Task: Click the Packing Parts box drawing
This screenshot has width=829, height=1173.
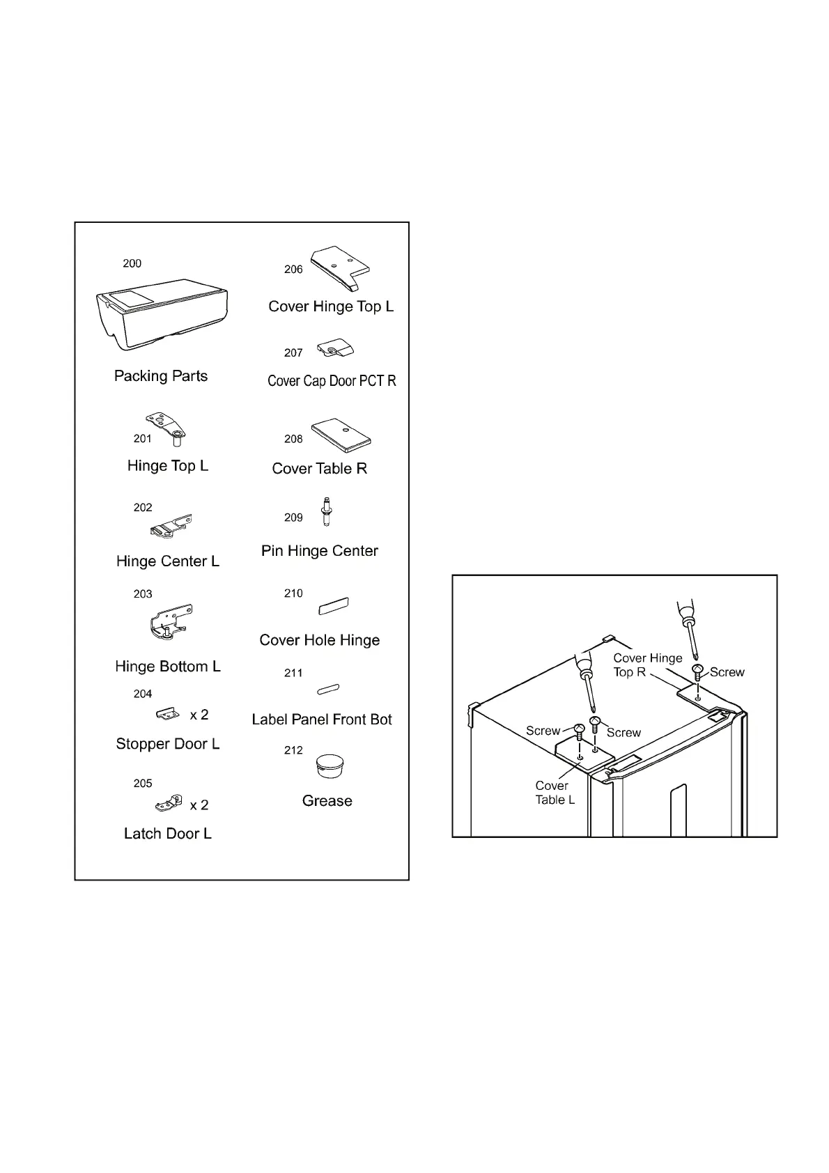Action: (162, 315)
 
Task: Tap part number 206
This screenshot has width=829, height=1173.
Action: (293, 270)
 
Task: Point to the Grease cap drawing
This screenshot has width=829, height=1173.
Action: (327, 766)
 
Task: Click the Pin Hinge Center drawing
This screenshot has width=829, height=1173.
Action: (325, 512)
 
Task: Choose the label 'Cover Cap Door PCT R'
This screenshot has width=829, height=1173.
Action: (332, 381)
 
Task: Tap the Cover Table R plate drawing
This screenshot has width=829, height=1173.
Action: (341, 435)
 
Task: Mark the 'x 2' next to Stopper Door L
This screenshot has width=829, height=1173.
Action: (199, 715)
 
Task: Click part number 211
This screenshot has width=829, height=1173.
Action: (293, 673)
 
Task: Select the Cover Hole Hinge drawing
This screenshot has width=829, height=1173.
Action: (334, 606)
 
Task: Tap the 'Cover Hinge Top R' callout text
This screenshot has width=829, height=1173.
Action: (647, 665)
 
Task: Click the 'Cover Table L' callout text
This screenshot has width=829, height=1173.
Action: (555, 793)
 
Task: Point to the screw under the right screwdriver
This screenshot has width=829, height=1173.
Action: (697, 671)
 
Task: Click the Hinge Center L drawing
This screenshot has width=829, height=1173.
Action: (171, 526)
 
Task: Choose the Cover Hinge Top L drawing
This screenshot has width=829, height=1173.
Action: (339, 267)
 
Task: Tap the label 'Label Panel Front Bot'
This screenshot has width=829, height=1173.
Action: (322, 720)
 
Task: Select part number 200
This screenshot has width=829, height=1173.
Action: (132, 263)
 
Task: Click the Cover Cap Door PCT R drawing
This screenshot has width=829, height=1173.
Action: (336, 349)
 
